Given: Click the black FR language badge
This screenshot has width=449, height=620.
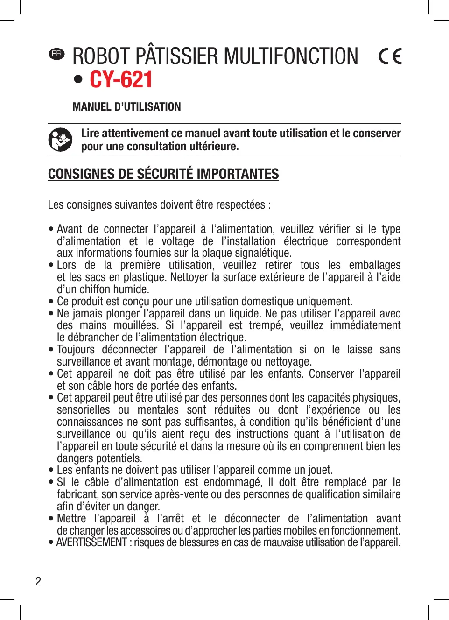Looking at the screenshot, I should (57, 54).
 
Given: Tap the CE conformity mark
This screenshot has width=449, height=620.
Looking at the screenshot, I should (390, 56).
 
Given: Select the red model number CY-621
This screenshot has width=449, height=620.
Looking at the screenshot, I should (121, 79).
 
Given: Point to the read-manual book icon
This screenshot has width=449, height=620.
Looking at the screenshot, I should (60, 140).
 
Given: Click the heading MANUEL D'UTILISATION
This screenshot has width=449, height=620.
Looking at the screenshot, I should (126, 107).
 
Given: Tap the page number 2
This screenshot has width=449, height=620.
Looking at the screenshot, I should (38, 581).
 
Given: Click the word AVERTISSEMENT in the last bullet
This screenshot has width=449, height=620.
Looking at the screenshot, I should (91, 542).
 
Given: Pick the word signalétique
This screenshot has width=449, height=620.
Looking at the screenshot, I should (265, 253).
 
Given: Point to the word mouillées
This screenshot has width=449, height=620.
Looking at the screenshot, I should (135, 325).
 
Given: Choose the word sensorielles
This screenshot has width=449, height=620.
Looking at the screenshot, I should (84, 410).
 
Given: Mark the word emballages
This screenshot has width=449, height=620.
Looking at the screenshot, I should (375, 265).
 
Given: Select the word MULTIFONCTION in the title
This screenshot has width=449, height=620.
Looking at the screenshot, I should (291, 56).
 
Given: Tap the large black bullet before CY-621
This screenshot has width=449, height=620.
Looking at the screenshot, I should (78, 79).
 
